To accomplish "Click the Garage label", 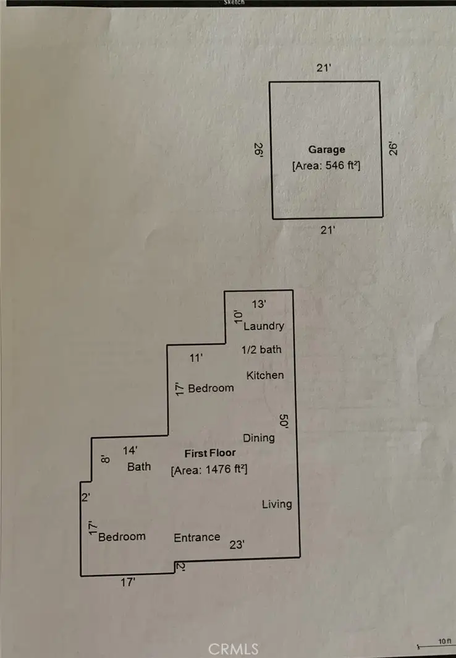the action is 326,150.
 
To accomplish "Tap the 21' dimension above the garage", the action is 324,67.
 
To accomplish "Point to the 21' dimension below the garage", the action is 327,230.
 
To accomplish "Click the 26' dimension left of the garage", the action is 259,150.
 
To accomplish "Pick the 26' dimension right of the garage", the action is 393,148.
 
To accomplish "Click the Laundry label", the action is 264,326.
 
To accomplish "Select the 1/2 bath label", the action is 261,349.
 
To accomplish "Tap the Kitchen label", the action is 265,375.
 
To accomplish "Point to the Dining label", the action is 259,438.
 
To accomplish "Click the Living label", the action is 277,504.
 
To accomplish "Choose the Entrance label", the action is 197,537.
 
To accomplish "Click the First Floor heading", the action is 210,453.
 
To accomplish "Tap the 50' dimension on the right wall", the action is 284,421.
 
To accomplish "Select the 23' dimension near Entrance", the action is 237,545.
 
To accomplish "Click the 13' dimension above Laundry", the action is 259,304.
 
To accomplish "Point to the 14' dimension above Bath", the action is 130,451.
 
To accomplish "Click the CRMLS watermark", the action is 234,649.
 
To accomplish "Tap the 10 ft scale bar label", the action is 445,641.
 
